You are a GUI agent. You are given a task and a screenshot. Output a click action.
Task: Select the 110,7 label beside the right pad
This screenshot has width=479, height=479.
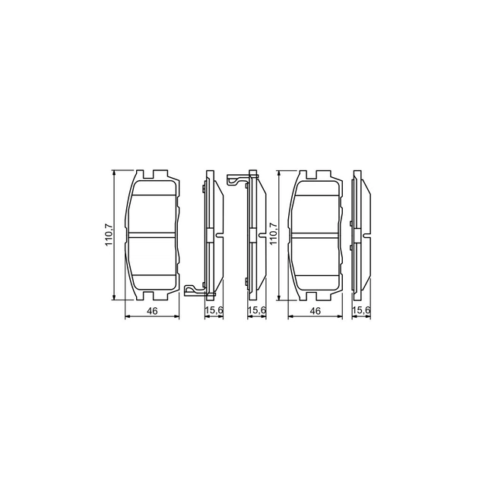[272, 233]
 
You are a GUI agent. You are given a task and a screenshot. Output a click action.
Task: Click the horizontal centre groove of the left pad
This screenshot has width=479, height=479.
[152, 234]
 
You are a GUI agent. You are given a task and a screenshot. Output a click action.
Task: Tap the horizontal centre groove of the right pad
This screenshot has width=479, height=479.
[315, 234]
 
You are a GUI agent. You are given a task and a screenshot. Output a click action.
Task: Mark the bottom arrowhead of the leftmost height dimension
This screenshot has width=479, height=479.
[114, 297]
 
